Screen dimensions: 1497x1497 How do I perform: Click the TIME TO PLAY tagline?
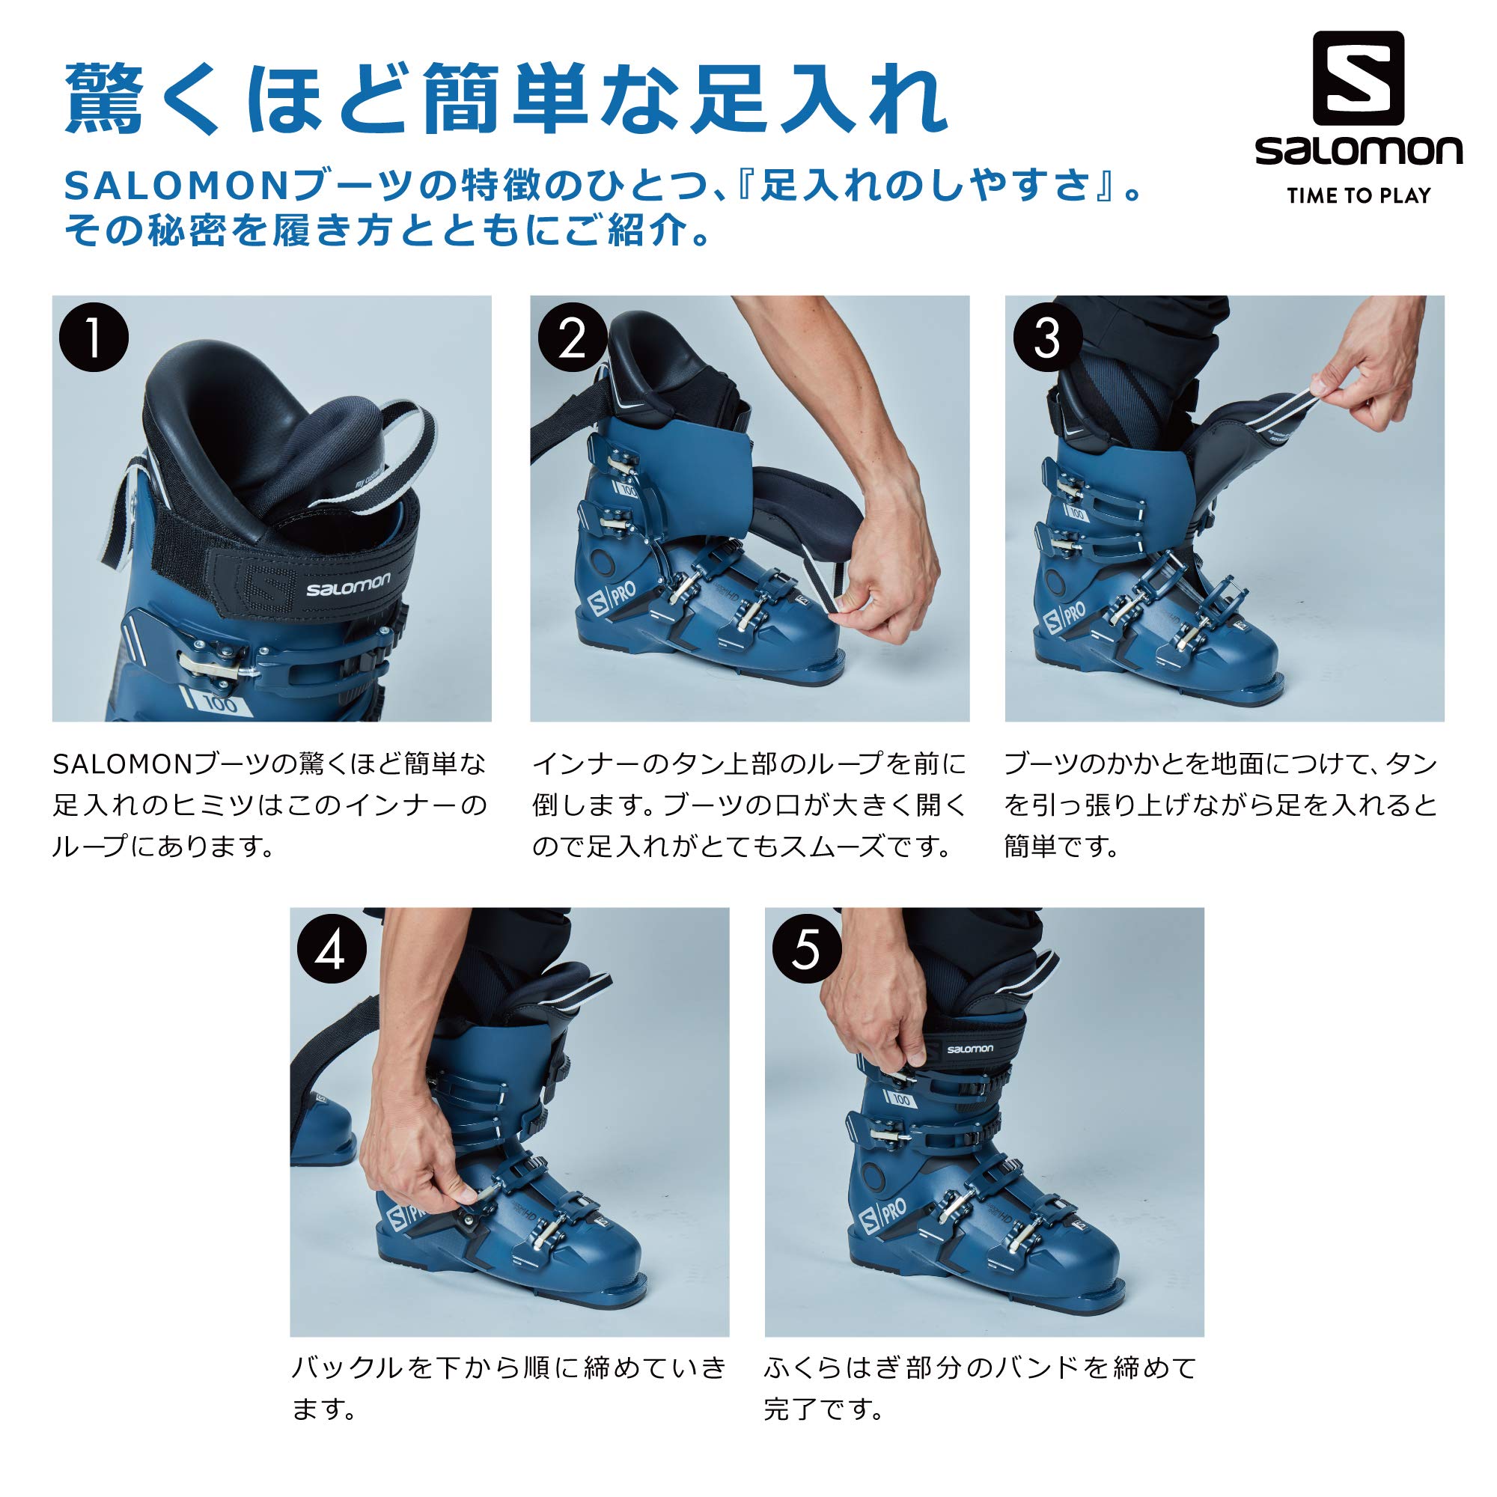(1359, 196)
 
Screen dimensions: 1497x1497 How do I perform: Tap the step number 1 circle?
(94, 338)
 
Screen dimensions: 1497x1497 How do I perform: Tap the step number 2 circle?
(572, 338)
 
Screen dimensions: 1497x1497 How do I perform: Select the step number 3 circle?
(1047, 338)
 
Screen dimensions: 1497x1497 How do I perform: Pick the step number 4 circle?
(332, 951)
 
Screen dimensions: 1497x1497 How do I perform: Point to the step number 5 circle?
(807, 951)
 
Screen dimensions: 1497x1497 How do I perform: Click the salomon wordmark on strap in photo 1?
(348, 586)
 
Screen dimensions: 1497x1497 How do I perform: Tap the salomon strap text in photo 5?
(969, 1049)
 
